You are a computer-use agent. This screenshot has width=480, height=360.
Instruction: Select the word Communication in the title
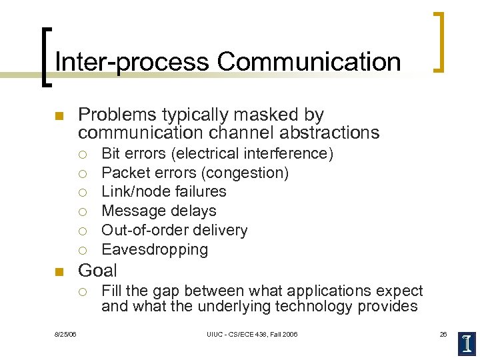[309, 62]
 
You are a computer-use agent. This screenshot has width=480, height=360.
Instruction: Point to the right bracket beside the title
[438, 41]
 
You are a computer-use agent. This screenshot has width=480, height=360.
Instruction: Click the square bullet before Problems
[58, 116]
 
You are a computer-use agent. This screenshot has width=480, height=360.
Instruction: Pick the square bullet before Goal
[58, 271]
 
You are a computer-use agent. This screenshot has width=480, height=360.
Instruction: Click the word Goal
[97, 271]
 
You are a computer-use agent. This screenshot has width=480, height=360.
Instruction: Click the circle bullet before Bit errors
[82, 154]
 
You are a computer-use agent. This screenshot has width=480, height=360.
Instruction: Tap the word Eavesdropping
[155, 250]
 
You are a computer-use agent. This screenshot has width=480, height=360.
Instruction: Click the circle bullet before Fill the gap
[82, 291]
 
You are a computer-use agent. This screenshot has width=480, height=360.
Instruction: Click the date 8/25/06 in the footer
[65, 334]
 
